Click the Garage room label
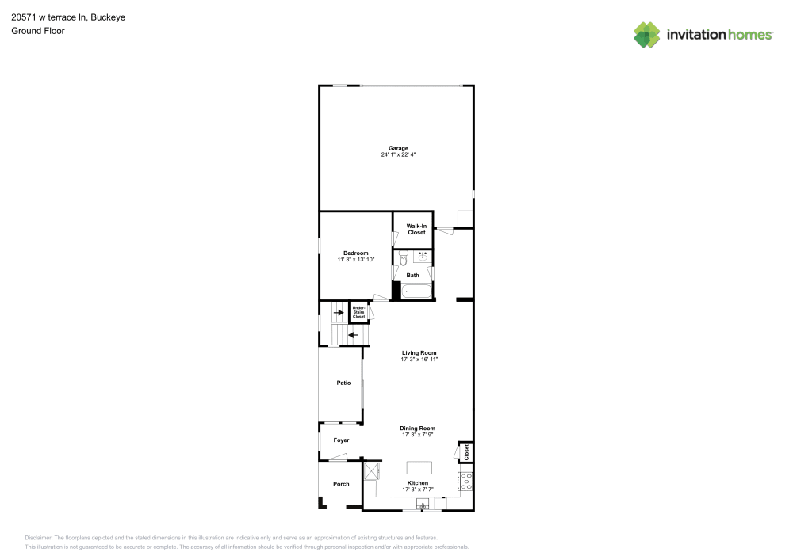point(398,148)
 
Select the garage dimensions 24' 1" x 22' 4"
point(398,155)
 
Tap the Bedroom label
point(355,253)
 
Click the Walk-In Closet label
point(416,229)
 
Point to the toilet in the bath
point(403,258)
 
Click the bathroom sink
point(423,257)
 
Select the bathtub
point(416,291)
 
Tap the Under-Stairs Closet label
point(358,312)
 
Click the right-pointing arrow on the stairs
point(339,313)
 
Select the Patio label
point(343,383)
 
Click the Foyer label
point(341,440)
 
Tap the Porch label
point(341,484)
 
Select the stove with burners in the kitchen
point(465,481)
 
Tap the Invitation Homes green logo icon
point(647,34)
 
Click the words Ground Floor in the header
point(38,31)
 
